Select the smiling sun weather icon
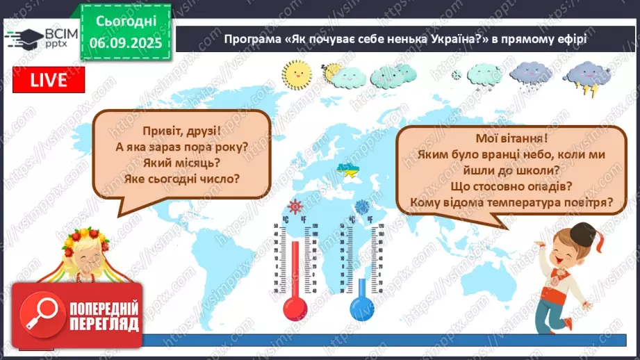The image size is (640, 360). pyautogui.click(x=298, y=72)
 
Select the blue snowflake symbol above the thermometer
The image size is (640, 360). pyautogui.click(x=362, y=206)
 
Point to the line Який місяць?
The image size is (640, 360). pyautogui.click(x=181, y=163)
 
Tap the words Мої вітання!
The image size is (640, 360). pyautogui.click(x=511, y=139)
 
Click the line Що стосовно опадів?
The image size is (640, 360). pyautogui.click(x=511, y=187)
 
